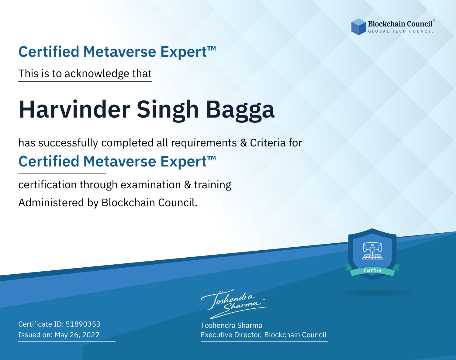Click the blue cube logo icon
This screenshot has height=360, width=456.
pos(358,27)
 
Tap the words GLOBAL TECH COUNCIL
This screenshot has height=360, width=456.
pos(401,31)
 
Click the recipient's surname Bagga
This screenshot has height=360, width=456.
pos(240,110)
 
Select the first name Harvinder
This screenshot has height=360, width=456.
pos(74,109)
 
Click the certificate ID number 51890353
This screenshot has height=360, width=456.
pos(83,324)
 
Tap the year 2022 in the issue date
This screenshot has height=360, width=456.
pos(91,334)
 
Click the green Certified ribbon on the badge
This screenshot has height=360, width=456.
pos(372,270)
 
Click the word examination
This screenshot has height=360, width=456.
pos(150,185)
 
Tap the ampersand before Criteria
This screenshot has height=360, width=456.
pos(244,143)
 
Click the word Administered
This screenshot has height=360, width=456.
pos(51,203)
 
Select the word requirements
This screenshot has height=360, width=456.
pos(204,143)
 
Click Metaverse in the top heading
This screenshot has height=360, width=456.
pos(120,52)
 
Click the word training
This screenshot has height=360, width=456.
pos(212,185)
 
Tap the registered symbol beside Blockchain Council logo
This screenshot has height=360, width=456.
pos(434,20)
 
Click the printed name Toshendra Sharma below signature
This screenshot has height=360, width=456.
pos(231,325)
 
